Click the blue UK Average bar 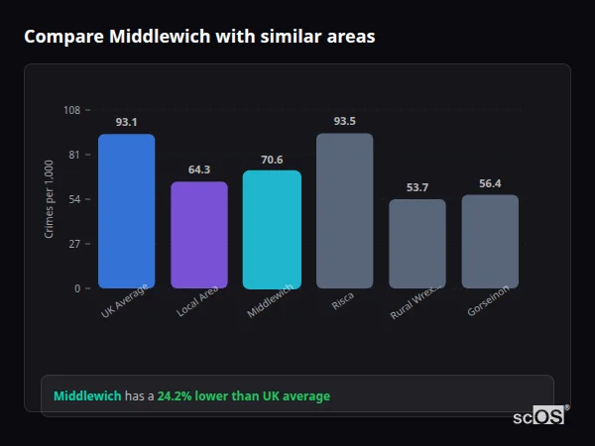pos(126,211)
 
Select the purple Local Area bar pos(199,235)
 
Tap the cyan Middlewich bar pos(272,229)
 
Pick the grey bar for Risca pos(344,211)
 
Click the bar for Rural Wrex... pos(417,244)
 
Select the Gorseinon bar pos(490,242)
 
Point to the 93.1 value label pos(126,122)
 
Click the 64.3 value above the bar pos(199,169)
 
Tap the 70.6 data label pos(272,160)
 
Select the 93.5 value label pos(344,121)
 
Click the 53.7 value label pos(417,187)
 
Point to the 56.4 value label pos(490,183)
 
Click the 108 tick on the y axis pos(71,110)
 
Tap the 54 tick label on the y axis pos(74,199)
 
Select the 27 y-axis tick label pos(74,244)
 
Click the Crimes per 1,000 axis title pos(50,199)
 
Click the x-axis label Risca pos(342,301)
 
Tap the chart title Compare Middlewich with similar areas pos(199,37)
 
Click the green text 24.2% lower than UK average pos(243,396)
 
